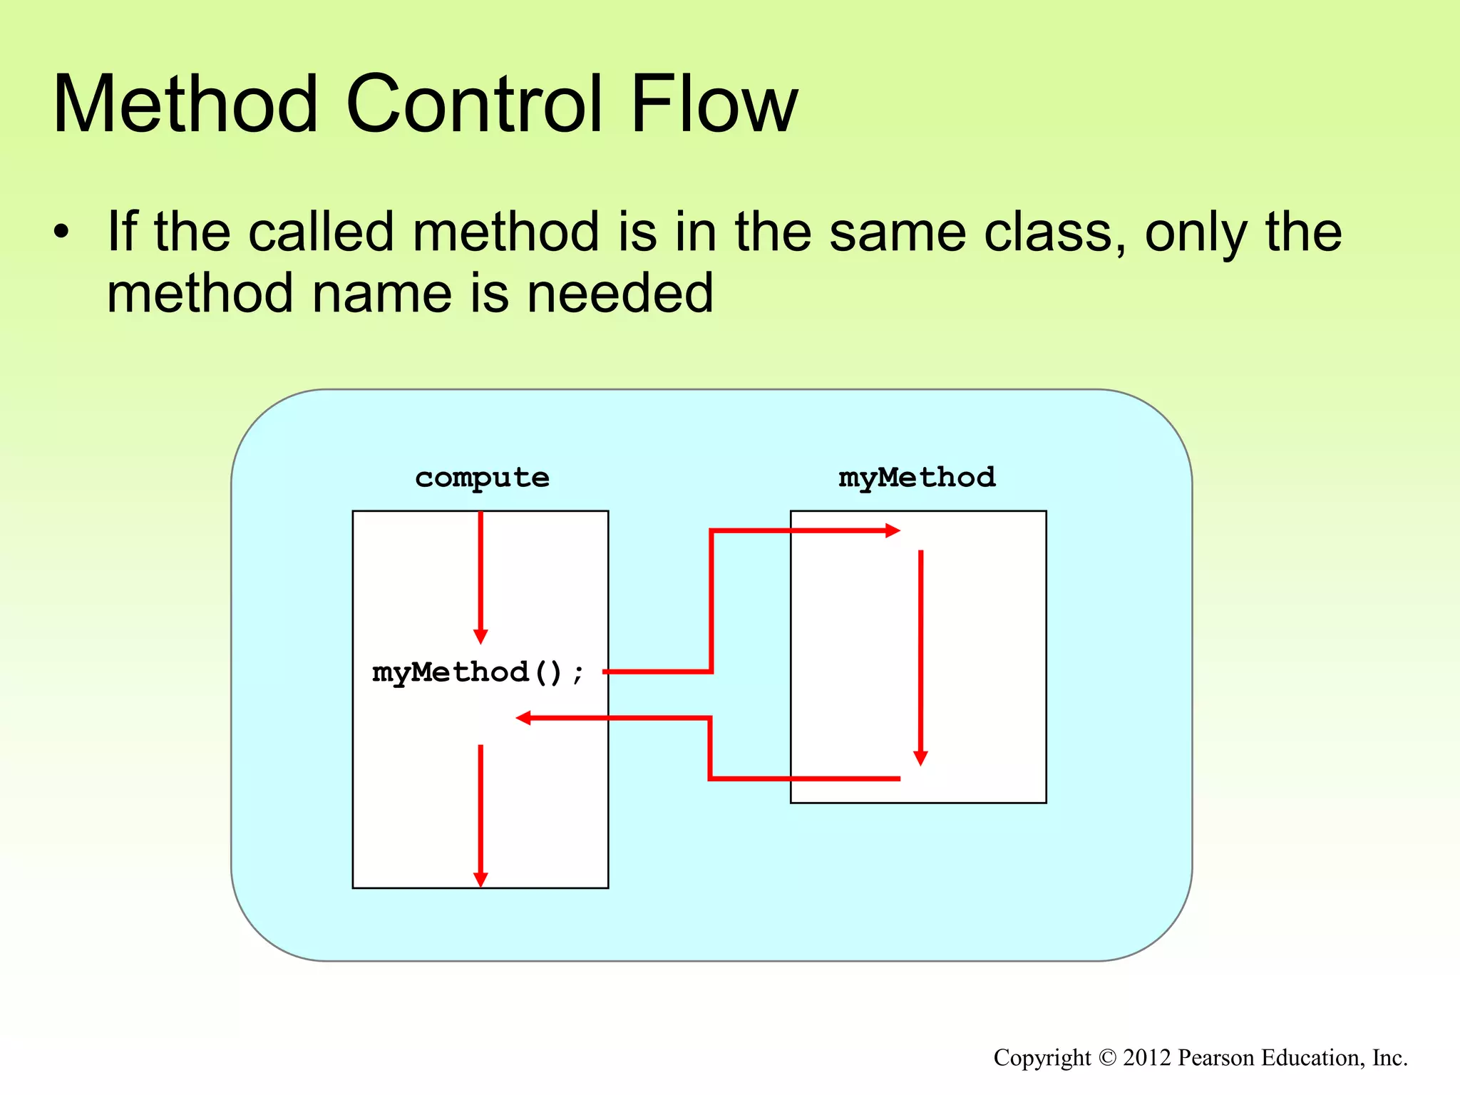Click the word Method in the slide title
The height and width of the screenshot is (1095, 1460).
click(185, 105)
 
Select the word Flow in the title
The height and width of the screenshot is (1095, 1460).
click(714, 105)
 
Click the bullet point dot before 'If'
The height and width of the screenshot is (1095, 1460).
click(62, 232)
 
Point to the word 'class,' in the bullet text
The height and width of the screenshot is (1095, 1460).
click(1055, 232)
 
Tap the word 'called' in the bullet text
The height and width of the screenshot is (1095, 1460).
click(321, 232)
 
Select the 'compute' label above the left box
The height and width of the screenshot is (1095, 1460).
click(482, 478)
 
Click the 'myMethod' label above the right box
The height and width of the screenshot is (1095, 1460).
click(917, 477)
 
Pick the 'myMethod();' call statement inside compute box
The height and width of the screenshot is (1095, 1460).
click(478, 672)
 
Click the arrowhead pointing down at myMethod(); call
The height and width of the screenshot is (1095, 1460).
click(480, 636)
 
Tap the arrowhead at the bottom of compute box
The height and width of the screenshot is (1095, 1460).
click(480, 879)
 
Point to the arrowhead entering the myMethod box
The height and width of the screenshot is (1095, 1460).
click(893, 530)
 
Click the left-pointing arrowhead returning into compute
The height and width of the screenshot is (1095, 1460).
click(524, 718)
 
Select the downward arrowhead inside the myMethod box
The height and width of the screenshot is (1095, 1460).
click(920, 758)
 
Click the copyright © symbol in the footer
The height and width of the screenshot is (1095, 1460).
click(1106, 1058)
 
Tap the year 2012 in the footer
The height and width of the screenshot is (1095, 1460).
click(1147, 1058)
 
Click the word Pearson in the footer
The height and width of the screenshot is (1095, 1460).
click(1211, 1058)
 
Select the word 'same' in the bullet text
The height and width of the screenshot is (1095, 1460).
click(898, 232)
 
